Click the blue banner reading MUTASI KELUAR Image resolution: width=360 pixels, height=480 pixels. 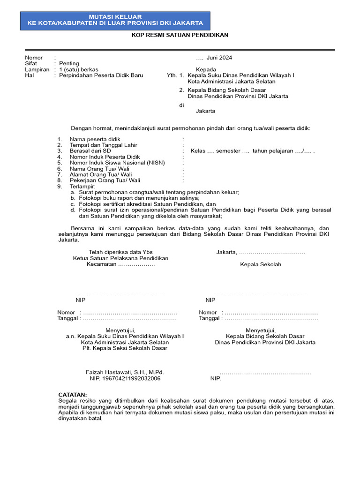coord(115,20)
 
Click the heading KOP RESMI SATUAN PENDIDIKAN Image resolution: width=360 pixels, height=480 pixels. coord(180,36)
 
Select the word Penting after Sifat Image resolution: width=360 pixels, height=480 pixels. coord(69,63)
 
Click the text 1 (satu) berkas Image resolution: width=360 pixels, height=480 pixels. coord(79,69)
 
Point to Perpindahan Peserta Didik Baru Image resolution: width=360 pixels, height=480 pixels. coord(101,75)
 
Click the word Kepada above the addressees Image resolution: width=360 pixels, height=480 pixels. coord(206,69)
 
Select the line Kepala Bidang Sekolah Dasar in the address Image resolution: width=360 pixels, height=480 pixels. coord(227,90)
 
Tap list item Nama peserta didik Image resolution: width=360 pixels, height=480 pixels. coord(95,139)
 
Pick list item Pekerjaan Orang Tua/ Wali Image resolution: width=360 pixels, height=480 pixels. coord(105,180)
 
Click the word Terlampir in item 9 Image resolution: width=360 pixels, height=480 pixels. coord(82,186)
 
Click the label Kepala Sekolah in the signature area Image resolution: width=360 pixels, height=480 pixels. coord(261,264)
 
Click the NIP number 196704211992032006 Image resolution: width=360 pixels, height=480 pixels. coord(125,378)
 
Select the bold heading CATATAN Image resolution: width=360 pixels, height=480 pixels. coord(72,395)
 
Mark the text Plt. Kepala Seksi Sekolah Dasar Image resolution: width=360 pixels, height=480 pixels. coord(125,348)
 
